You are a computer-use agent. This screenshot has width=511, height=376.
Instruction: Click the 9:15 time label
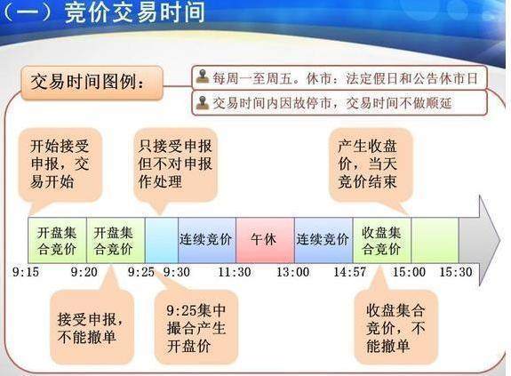click(26, 272)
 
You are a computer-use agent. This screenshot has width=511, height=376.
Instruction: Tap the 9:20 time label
click(84, 272)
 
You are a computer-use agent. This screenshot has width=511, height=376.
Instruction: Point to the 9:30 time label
click(177, 272)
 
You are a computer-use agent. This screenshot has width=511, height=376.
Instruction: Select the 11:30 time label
click(235, 272)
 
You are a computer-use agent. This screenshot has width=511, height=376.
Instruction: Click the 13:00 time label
click(293, 272)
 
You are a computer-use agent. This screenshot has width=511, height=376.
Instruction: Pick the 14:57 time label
click(350, 272)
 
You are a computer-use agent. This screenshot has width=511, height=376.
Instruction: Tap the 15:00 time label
click(409, 272)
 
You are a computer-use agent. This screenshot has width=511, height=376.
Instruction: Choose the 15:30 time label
click(456, 272)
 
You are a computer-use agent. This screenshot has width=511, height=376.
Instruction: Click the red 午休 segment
click(265, 240)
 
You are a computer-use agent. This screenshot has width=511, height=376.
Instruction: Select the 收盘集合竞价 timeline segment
click(382, 240)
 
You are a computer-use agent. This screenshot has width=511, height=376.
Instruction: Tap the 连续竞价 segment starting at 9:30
click(207, 240)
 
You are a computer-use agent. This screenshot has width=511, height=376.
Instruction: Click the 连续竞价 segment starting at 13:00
click(323, 240)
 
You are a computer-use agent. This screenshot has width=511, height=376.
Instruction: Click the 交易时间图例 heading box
click(92, 82)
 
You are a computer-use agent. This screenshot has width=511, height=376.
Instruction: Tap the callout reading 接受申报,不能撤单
click(92, 326)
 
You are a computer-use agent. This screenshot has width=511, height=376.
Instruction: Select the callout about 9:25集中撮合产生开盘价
click(196, 327)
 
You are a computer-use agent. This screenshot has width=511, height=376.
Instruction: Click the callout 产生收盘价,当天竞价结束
click(371, 164)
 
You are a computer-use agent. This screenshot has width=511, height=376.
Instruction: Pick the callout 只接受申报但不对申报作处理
click(175, 164)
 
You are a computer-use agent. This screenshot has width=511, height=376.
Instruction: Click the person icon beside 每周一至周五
click(203, 77)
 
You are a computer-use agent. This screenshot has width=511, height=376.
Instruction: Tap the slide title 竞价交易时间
click(134, 12)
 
